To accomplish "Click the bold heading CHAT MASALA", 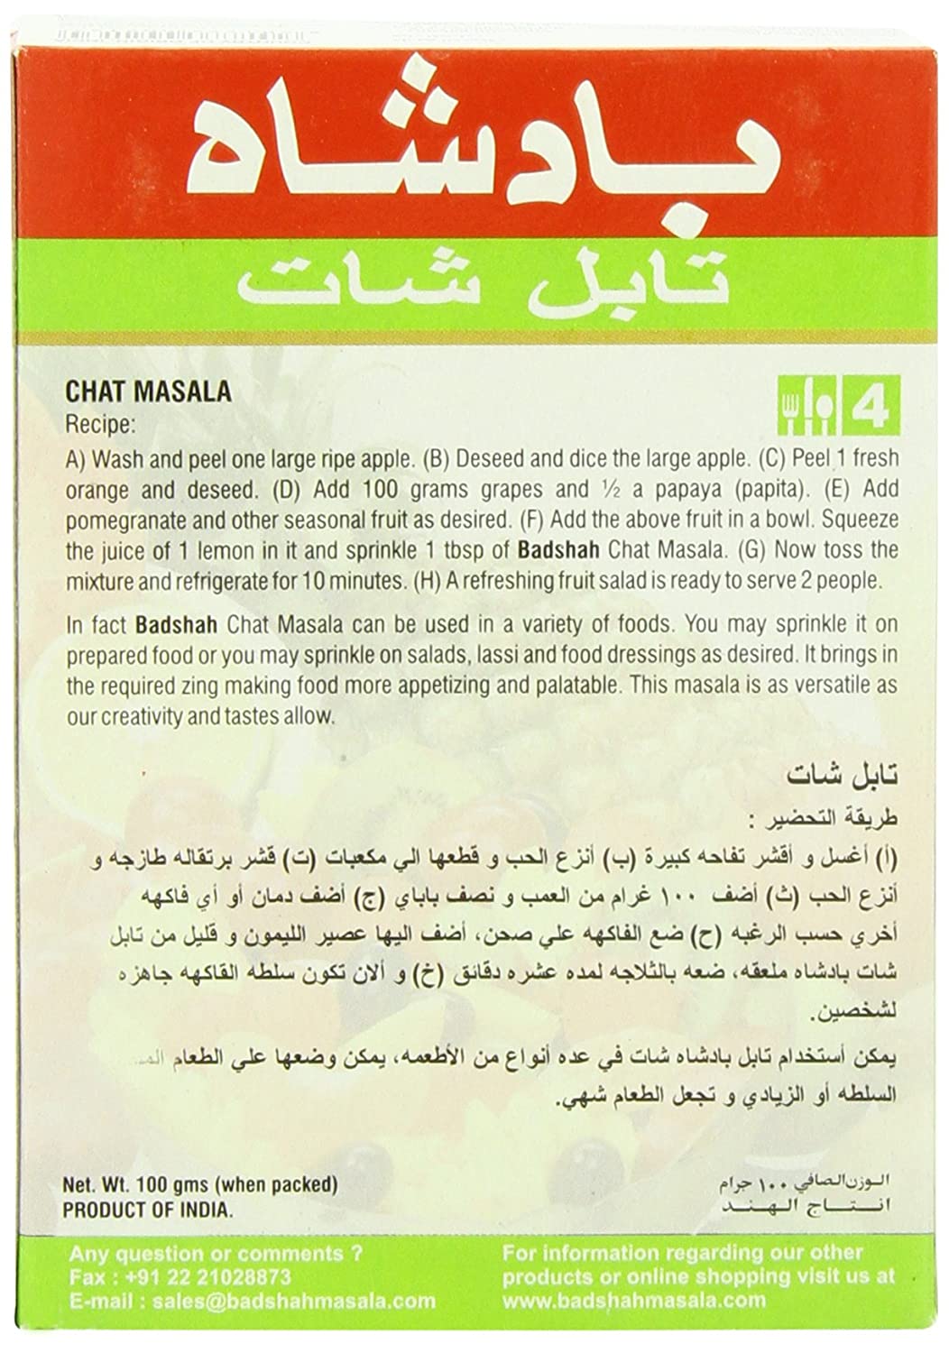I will coord(148,391).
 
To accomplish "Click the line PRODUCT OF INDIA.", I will coord(147,1210).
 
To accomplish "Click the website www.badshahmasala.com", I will coord(633,1301).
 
